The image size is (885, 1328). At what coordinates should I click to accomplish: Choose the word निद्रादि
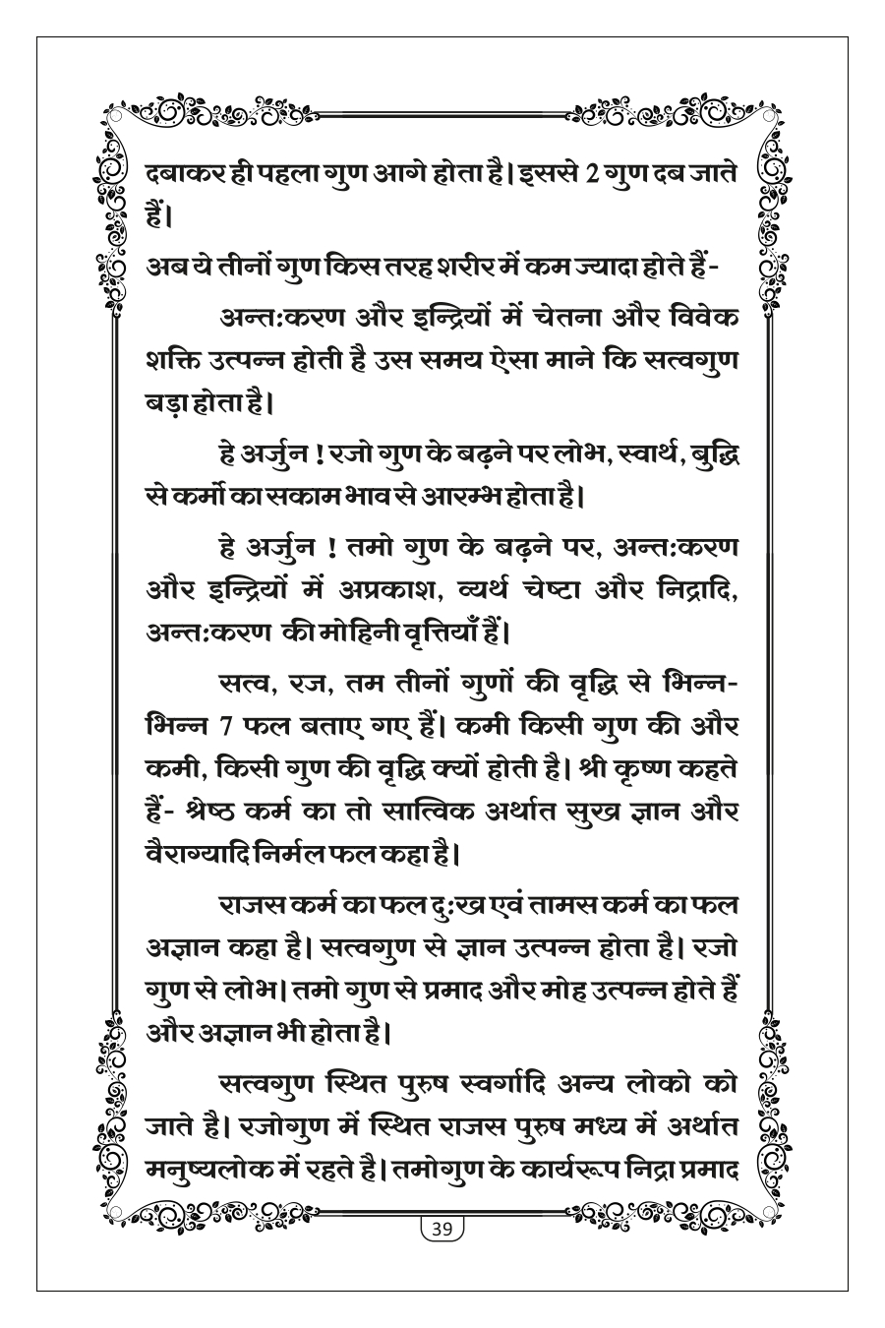(690, 587)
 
